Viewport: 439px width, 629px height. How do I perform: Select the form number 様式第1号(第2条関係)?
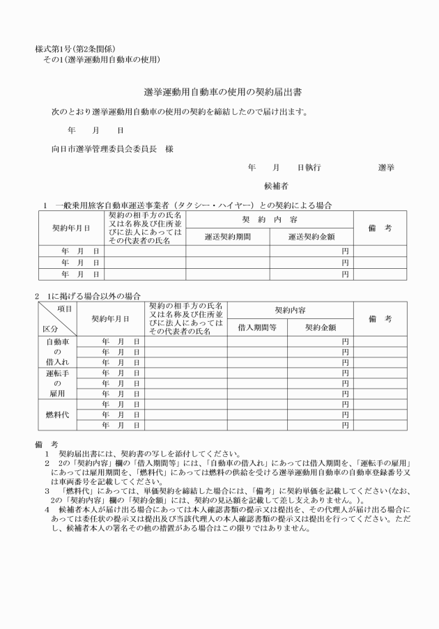click(75, 49)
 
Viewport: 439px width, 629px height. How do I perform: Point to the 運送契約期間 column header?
click(227, 237)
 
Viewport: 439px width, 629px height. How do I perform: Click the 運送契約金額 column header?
click(311, 237)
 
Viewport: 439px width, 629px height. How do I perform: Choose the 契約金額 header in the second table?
click(320, 327)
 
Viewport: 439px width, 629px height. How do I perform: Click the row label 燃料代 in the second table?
click(56, 414)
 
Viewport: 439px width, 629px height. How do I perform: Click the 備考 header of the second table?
click(380, 318)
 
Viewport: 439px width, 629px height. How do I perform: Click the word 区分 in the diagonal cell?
click(49, 327)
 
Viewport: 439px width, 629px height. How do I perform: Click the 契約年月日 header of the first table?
click(71, 228)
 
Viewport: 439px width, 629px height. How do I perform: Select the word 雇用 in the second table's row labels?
click(56, 394)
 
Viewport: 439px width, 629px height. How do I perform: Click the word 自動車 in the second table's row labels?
click(56, 342)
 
